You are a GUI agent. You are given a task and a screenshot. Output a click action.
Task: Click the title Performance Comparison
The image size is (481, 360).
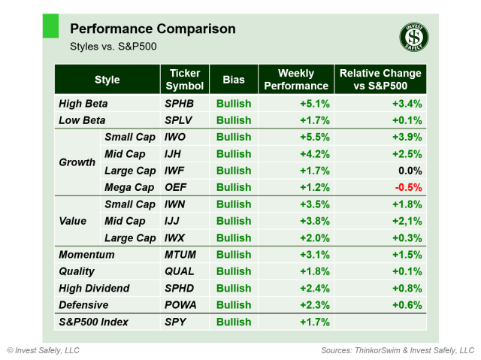(x=153, y=29)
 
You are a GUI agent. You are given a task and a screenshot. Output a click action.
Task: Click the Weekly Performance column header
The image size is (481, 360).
(x=295, y=80)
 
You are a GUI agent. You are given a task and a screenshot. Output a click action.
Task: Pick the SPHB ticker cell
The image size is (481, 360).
(x=180, y=104)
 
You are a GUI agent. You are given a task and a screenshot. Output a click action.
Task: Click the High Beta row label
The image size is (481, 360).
(x=83, y=104)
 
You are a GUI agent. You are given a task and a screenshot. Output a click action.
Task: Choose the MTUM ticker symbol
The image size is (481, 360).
(x=180, y=255)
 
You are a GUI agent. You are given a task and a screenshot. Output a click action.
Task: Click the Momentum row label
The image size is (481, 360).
(x=86, y=255)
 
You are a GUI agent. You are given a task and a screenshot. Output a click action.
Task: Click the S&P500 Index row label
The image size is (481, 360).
(x=94, y=322)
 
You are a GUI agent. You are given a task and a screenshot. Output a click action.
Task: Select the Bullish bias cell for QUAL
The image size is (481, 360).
(x=234, y=271)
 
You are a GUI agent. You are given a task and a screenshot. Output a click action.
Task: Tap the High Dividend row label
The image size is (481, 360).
(x=94, y=288)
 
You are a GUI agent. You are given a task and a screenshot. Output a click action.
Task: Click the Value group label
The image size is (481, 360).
(x=73, y=221)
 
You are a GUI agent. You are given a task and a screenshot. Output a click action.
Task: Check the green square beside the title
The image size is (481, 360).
(x=50, y=25)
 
